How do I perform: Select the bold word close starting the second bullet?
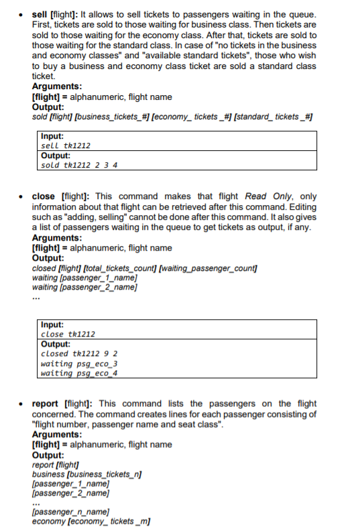pyautogui.click(x=44, y=196)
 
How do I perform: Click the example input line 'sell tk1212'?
pyautogui.click(x=66, y=145)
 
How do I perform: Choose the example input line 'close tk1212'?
pyautogui.click(x=68, y=334)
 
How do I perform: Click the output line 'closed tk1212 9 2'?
pyautogui.click(x=80, y=353)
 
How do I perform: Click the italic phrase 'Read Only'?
pyautogui.click(x=266, y=196)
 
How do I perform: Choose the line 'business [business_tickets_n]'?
pyautogui.click(x=88, y=474)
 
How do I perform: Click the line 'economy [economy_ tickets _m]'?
pyautogui.click(x=91, y=522)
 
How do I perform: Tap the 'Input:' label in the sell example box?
pyautogui.click(x=52, y=136)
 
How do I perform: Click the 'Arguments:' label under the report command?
pyautogui.click(x=58, y=434)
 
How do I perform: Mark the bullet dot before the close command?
pyautogui.click(x=22, y=196)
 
